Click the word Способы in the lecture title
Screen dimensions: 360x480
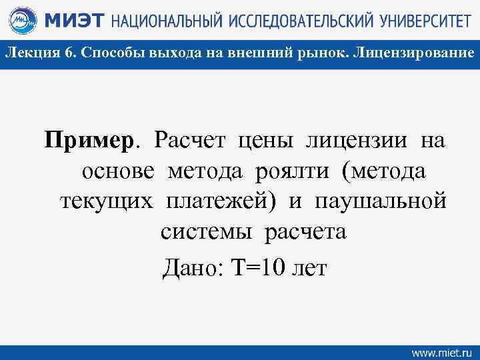[x=107, y=54]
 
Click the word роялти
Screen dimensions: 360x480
[x=291, y=172]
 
